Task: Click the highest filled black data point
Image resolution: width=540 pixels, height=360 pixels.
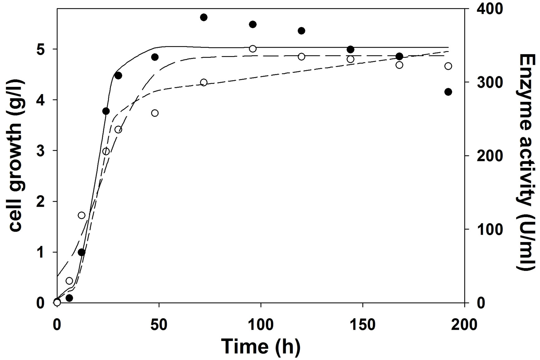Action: pyautogui.click(x=204, y=17)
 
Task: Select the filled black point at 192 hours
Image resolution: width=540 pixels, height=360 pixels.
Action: pyautogui.click(x=448, y=92)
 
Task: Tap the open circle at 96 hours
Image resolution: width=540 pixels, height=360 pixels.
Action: pyautogui.click(x=253, y=49)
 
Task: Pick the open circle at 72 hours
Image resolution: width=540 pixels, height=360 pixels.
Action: pyautogui.click(x=204, y=83)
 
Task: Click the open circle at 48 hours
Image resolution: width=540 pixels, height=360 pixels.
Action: pyautogui.click(x=155, y=113)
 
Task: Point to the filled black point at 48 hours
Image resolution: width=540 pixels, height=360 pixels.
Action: pyautogui.click(x=155, y=57)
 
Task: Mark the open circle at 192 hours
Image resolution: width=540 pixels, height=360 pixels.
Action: pyautogui.click(x=448, y=66)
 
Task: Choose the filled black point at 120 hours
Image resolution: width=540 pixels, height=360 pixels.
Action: pyautogui.click(x=301, y=31)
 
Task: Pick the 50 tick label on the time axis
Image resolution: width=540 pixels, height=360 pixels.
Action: pyautogui.click(x=159, y=325)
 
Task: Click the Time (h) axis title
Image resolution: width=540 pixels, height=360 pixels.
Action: pyautogui.click(x=260, y=346)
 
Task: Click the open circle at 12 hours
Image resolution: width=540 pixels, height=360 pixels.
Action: pyautogui.click(x=82, y=216)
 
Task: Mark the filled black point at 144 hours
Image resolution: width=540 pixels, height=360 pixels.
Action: pyautogui.click(x=351, y=50)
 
